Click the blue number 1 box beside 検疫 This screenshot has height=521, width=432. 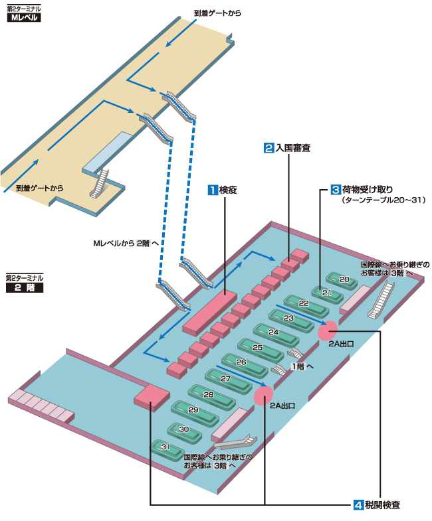(213, 190)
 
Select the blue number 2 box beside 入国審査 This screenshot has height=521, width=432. (269, 149)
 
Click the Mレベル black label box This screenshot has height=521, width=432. (24, 18)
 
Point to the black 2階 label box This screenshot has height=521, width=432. (24, 288)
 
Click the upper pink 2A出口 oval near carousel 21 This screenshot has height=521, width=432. (328, 329)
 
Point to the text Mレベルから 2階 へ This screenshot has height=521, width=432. (126, 244)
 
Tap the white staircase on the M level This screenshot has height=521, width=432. (100, 182)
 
